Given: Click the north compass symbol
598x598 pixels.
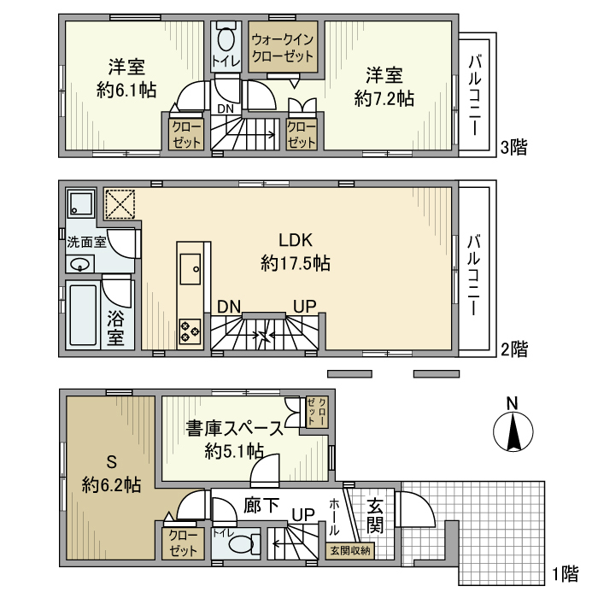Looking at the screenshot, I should pyautogui.click(x=513, y=432).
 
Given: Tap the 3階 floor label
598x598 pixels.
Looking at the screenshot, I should pyautogui.click(x=513, y=147).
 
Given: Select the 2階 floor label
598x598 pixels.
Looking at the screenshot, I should pyautogui.click(x=513, y=349).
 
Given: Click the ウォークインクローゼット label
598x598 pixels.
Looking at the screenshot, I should pyautogui.click(x=283, y=48).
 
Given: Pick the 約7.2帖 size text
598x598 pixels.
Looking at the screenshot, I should pyautogui.click(x=384, y=98).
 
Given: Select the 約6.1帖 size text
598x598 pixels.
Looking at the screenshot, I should pyautogui.click(x=125, y=91).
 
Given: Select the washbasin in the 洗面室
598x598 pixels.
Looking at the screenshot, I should pyautogui.click(x=80, y=263).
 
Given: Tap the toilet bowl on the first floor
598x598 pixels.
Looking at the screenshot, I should pyautogui.click(x=242, y=543).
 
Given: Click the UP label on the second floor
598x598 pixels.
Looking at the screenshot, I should pyautogui.click(x=303, y=306).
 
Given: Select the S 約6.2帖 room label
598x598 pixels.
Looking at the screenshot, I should pyautogui.click(x=111, y=474).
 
